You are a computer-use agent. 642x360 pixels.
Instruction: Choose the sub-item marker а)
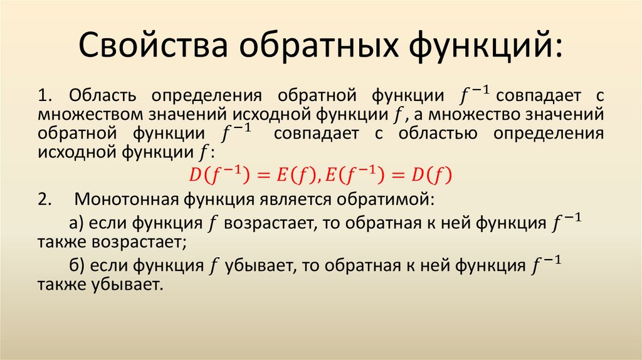click(x=77, y=223)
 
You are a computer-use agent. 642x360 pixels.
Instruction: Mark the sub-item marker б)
click(x=77, y=266)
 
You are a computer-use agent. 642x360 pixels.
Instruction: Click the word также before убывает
click(x=61, y=285)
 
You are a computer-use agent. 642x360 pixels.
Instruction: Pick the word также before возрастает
click(x=61, y=242)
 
